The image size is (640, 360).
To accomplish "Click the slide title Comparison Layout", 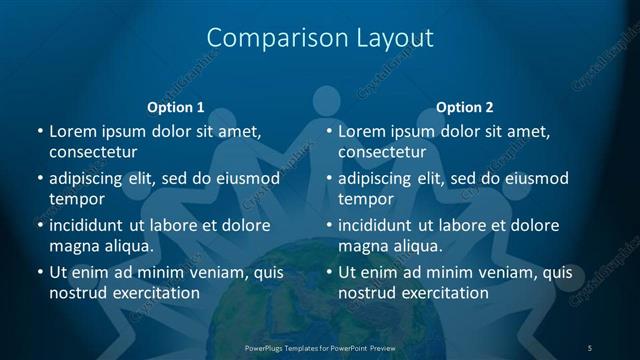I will [x=320, y=38].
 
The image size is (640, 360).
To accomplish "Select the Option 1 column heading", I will [x=176, y=107].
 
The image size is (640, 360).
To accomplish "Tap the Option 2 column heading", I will [x=465, y=107].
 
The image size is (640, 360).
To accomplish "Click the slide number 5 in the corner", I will [x=590, y=347].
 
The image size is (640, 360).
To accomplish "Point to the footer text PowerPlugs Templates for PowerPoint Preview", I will [x=320, y=347].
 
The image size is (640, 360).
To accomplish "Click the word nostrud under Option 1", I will [x=77, y=293].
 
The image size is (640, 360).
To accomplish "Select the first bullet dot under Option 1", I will [x=39, y=132].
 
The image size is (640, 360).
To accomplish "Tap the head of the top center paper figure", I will [x=327, y=100].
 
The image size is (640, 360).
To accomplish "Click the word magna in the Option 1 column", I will [x=72, y=246].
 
